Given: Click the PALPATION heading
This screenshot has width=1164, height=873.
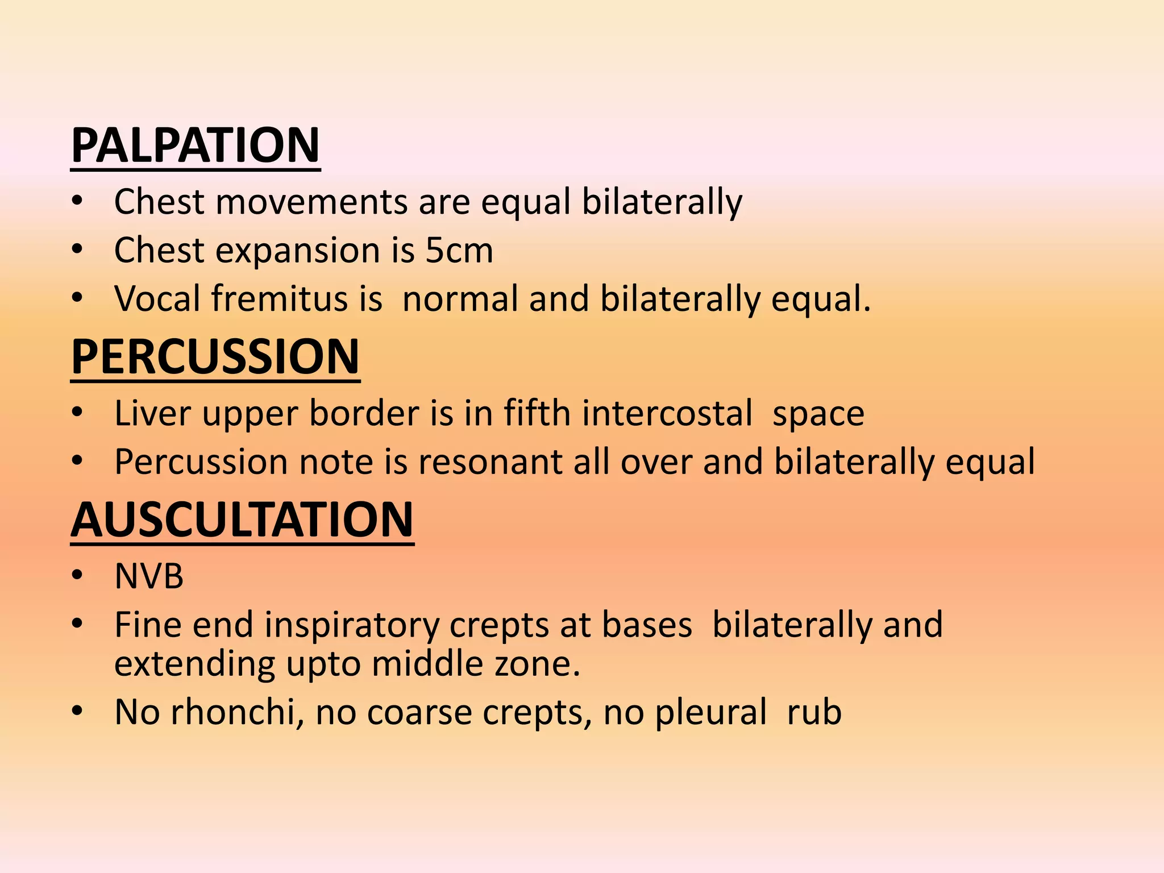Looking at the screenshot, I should click(x=195, y=145).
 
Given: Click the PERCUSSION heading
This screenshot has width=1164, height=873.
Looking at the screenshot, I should click(x=215, y=357).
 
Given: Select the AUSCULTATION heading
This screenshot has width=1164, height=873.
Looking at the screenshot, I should click(x=242, y=519).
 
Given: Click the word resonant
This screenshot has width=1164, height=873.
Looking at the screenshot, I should click(x=490, y=462).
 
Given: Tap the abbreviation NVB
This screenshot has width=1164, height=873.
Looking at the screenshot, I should click(x=149, y=576).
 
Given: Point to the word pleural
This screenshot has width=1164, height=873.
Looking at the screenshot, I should click(x=710, y=712).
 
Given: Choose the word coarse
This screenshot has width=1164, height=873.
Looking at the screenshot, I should click(x=419, y=713).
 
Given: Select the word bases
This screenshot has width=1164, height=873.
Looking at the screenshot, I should click(x=647, y=625).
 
